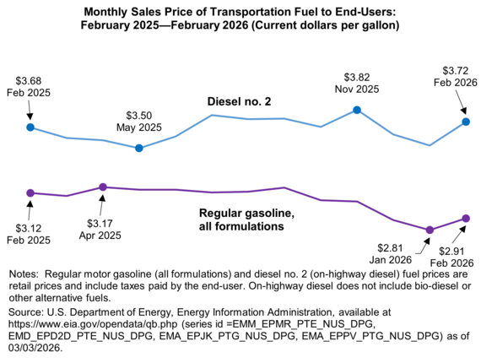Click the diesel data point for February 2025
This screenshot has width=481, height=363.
(30, 127)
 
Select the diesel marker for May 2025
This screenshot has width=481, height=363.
(139, 148)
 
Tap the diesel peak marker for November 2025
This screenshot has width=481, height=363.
(357, 110)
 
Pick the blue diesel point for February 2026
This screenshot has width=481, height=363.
(466, 122)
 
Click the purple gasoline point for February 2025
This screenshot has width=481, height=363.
(30, 192)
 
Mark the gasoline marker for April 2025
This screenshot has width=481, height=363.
(102, 187)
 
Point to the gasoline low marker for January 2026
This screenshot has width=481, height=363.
(430, 230)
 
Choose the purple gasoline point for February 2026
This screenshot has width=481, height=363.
(466, 219)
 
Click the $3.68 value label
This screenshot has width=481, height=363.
(30, 81)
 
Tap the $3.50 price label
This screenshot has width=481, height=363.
(139, 115)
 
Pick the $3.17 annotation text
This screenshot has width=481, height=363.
(104, 224)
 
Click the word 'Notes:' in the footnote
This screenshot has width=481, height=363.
(24, 275)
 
